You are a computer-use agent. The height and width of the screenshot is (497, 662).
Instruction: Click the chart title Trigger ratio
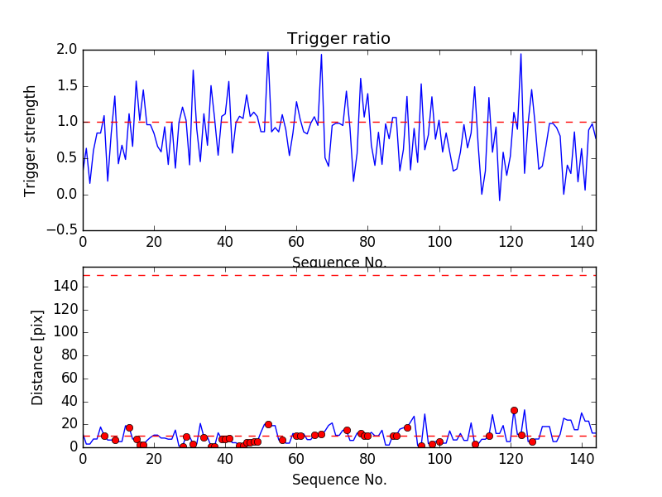(x=338, y=39)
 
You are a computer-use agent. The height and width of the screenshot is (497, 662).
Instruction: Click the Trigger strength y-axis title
(x=31, y=140)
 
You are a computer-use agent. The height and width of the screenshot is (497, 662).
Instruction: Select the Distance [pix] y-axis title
(x=37, y=357)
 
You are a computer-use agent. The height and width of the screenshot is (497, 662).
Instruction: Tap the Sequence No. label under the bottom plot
(x=338, y=480)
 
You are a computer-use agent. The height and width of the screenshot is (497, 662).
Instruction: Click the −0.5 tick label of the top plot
(x=61, y=230)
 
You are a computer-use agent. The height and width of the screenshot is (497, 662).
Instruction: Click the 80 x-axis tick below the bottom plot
(x=367, y=459)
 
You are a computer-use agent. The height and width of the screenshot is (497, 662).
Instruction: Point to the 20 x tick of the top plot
(x=154, y=243)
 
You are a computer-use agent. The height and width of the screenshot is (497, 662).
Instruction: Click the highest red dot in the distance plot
(x=514, y=410)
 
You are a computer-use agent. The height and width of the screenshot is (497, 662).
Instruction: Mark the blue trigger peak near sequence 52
(x=268, y=52)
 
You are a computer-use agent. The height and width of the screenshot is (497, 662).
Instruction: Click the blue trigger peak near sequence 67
(x=321, y=55)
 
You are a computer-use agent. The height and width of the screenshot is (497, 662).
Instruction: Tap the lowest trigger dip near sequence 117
(x=499, y=200)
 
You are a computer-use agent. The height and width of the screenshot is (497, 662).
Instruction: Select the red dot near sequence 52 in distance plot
(x=268, y=424)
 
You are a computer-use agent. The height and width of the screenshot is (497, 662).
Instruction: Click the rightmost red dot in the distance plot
(x=532, y=442)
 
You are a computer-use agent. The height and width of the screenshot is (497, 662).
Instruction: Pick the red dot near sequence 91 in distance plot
(x=407, y=427)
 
